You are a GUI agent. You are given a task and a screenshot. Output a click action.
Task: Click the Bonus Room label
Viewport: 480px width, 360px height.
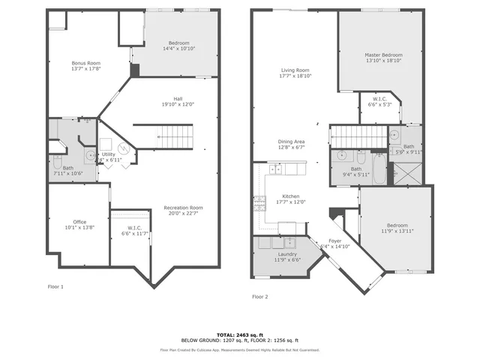coord(86,63)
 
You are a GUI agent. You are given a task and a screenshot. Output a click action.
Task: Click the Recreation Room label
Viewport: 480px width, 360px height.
coord(184,207)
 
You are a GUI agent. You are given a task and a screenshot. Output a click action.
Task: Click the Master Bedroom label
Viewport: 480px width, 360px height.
coord(383,55)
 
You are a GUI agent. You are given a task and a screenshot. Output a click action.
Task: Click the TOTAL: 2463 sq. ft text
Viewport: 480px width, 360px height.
coord(239,334)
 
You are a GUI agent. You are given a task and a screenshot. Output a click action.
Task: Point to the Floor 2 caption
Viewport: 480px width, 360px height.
coord(259,296)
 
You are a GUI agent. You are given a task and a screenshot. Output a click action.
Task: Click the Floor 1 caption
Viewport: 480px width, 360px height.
coord(55,286)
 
